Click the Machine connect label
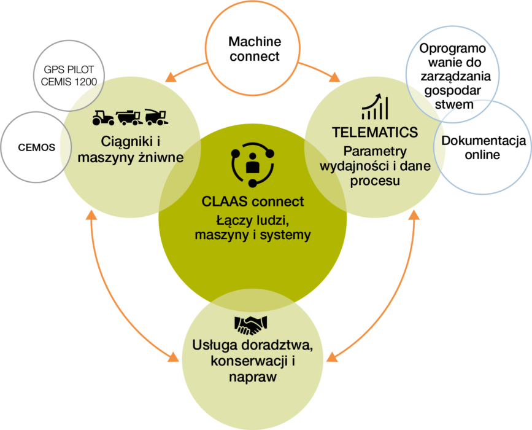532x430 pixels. point(254,49)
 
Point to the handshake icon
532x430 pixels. point(250,324)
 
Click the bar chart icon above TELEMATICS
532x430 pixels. point(374,107)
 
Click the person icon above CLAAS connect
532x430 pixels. point(252,165)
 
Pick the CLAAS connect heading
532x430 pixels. point(252,201)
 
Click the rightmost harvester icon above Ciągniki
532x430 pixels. point(159,117)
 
